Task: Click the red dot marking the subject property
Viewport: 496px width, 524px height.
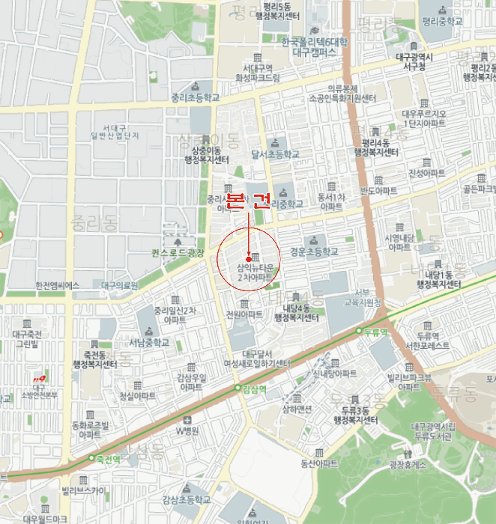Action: (248, 259)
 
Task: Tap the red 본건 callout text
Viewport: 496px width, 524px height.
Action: (248, 201)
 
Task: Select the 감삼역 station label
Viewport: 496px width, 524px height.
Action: (255, 389)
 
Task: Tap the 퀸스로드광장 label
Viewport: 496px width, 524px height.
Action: (178, 252)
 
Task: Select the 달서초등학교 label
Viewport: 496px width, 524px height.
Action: (275, 154)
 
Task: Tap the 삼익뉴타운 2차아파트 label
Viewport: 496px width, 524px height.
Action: (255, 272)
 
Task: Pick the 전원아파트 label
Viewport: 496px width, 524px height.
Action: (244, 314)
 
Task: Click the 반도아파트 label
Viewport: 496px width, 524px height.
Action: (378, 191)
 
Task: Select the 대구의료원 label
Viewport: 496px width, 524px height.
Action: (120, 285)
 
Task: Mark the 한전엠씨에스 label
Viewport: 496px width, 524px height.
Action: (57, 285)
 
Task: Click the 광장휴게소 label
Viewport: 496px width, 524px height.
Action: (408, 464)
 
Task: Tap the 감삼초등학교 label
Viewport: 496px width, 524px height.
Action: (186, 499)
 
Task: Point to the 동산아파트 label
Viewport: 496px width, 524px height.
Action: (320, 463)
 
